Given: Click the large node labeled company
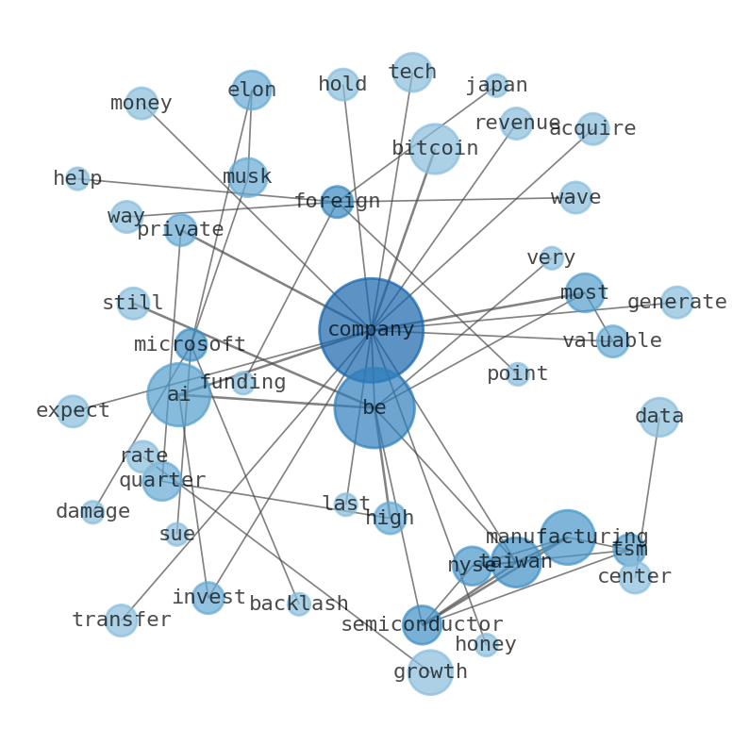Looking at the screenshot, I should (x=371, y=330).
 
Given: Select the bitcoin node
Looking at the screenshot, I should (x=435, y=148).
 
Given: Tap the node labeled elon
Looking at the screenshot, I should (x=252, y=91).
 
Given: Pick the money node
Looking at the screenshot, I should (x=141, y=103).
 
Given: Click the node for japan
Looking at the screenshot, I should (x=496, y=86).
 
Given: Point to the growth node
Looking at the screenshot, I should (x=430, y=671).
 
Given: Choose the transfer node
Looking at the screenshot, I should (x=121, y=620).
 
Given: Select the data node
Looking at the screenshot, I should (x=659, y=416).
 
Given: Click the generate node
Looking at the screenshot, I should (x=676, y=302).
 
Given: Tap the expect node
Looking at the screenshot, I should (x=73, y=410).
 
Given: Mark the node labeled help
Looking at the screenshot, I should (x=77, y=178).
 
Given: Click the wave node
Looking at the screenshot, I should (x=575, y=197).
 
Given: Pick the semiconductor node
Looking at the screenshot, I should (x=422, y=624).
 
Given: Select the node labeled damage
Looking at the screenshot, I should (x=92, y=511).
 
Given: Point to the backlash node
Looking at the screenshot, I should (x=298, y=604).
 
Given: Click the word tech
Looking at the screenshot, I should (x=412, y=72).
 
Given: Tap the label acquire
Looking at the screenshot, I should (x=592, y=128).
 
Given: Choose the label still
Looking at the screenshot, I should (x=133, y=303).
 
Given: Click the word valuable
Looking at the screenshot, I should (x=612, y=340).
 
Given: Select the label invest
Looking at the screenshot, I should (x=208, y=597).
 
